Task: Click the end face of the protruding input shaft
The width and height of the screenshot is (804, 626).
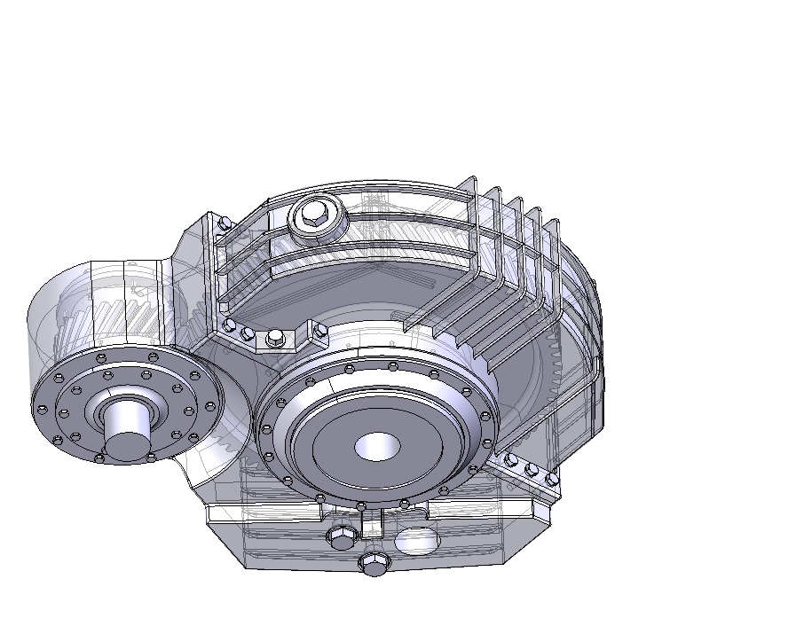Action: (x=127, y=445)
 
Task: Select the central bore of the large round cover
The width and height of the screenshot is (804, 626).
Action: (x=376, y=446)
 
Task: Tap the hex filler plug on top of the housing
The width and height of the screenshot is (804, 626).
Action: (x=317, y=215)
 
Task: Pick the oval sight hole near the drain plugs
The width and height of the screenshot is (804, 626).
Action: (x=415, y=538)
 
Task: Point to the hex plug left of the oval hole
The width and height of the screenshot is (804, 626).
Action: (x=341, y=536)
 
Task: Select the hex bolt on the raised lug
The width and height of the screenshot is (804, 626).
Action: (x=275, y=337)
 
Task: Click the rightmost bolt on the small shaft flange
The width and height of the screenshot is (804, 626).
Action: (x=210, y=407)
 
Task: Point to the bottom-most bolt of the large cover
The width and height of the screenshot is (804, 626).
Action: (x=361, y=506)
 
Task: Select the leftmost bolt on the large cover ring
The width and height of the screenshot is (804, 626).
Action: (x=266, y=430)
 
